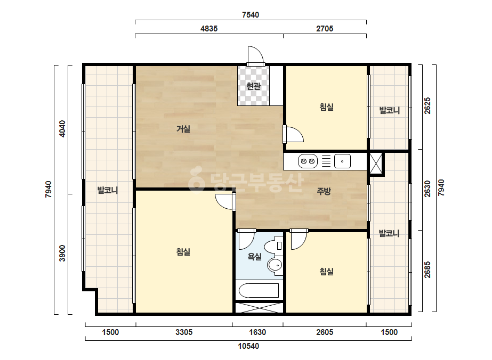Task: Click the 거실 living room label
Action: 183,129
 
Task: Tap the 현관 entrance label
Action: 253,86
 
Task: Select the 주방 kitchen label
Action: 324,191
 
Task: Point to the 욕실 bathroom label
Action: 254,257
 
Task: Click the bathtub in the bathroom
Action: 259,291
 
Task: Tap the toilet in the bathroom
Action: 274,246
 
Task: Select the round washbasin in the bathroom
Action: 275,265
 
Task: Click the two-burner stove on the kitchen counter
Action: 308,161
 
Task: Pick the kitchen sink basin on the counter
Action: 342,161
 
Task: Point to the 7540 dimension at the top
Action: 251,15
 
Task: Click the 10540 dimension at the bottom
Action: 248,346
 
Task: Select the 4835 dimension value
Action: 209,29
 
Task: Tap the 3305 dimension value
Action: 184,332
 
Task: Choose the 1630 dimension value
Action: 257,332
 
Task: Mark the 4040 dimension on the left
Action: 62,128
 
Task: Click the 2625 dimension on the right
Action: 428,105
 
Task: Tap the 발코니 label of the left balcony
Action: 108,190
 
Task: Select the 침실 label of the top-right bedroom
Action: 326,107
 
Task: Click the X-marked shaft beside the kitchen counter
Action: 376,163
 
